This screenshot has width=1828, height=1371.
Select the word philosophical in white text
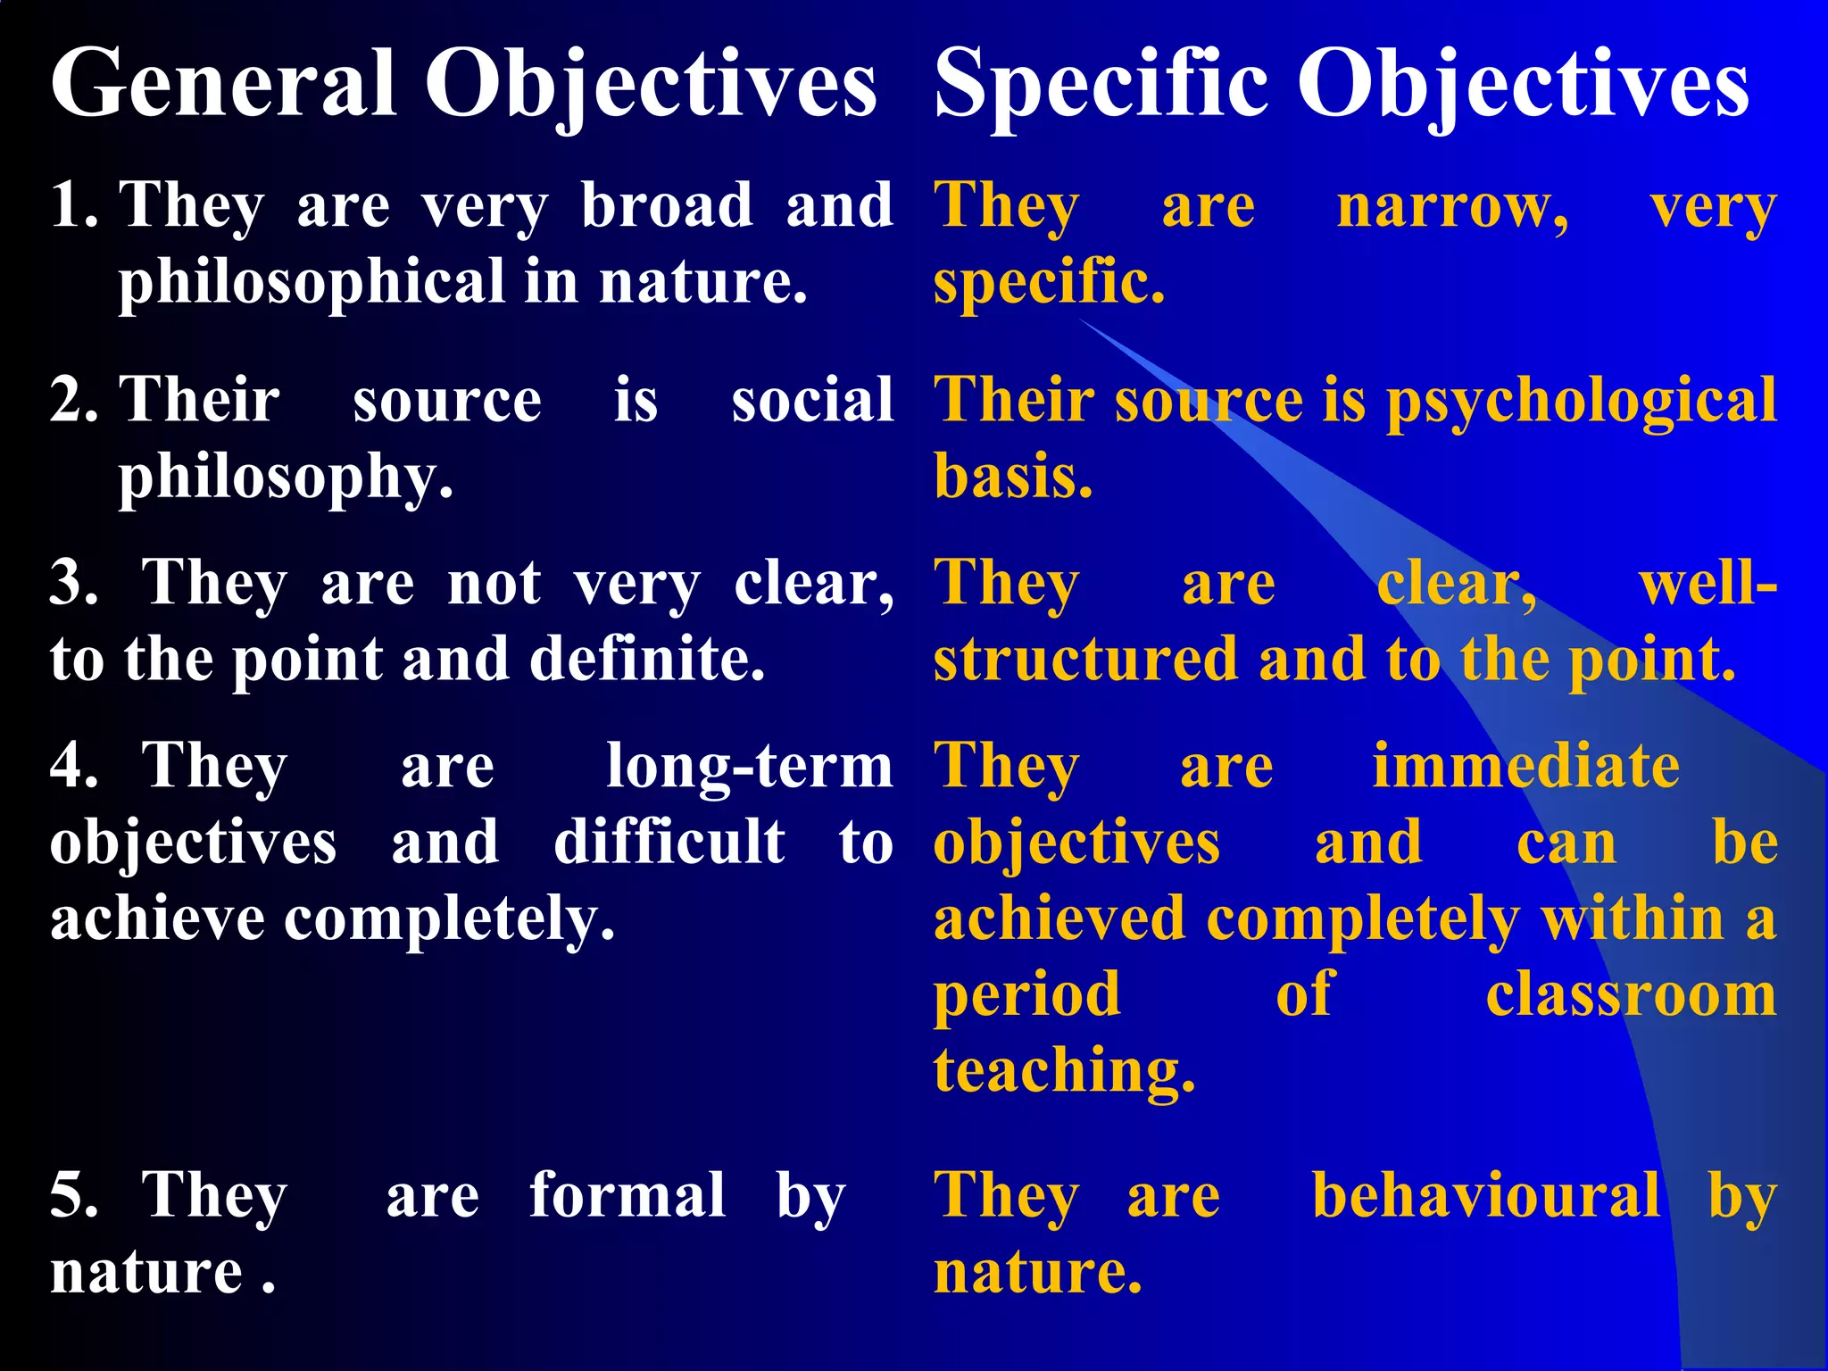[312, 282]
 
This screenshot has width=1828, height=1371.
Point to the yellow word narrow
[1452, 207]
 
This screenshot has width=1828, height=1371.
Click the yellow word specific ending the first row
[1049, 282]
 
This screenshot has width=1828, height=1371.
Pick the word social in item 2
[812, 399]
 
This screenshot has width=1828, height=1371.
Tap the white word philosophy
[286, 478]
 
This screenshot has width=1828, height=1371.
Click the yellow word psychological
[1581, 401]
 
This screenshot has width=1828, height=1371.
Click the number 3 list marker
[73, 583]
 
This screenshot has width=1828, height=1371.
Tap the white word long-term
[749, 766]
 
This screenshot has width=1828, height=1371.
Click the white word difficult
[669, 842]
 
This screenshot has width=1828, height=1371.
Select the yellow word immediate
[1525, 766]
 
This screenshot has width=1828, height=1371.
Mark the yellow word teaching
[1064, 1070]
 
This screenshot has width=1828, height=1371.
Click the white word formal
[627, 1195]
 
